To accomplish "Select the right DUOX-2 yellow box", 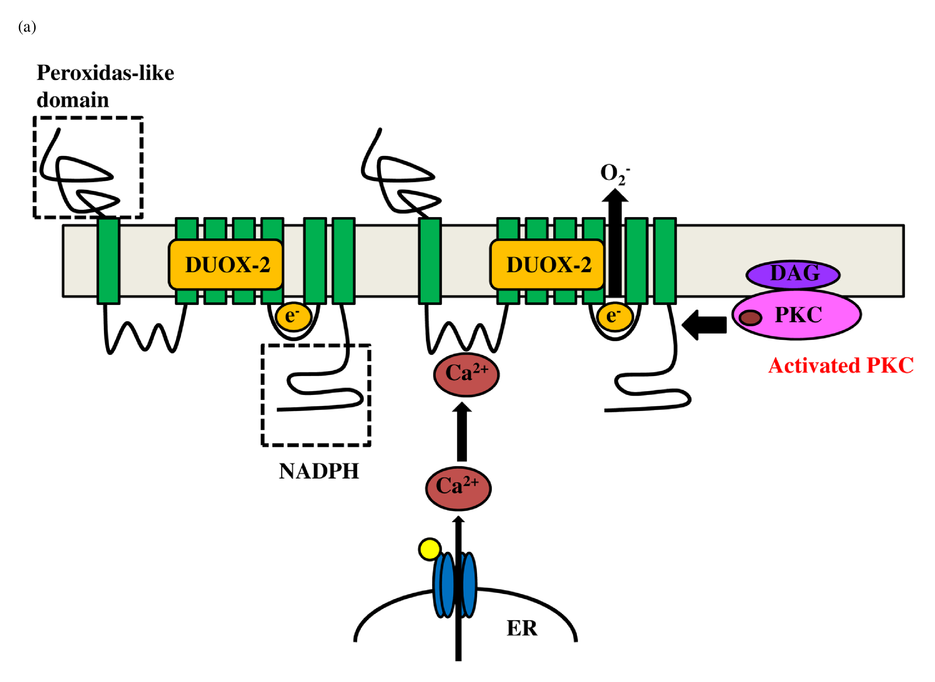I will tap(547, 265).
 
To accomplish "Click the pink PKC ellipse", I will tap(797, 315).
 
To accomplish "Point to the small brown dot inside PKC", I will tap(750, 318).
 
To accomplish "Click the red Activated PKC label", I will tap(840, 366).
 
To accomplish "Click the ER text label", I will tap(522, 628).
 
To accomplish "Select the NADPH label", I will tap(319, 471).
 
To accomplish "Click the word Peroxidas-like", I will tap(105, 73).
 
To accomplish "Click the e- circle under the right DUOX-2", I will tap(614, 317).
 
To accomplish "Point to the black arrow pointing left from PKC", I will tap(704, 325).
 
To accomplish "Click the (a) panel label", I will tap(27, 27).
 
